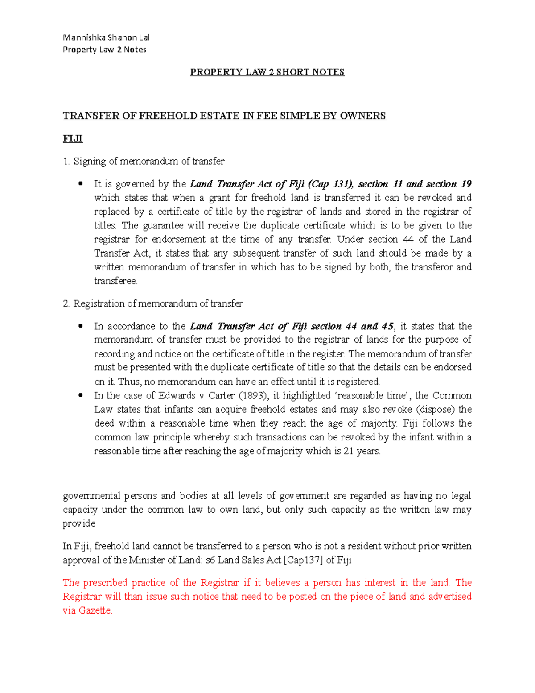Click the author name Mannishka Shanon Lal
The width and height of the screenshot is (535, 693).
106,37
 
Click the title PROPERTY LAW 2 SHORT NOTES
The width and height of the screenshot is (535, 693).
267,72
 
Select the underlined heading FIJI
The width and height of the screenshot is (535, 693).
73,139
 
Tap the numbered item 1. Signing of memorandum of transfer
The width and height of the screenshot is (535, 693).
144,161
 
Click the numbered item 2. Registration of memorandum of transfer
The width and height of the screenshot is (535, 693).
152,304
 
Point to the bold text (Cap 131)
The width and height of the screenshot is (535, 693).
332,184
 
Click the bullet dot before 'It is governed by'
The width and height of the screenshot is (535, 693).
81,184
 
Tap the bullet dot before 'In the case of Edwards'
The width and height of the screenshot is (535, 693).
81,395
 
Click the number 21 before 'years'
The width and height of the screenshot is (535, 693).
348,451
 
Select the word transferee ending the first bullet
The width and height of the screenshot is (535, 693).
115,281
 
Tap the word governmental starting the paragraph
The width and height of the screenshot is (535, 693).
91,496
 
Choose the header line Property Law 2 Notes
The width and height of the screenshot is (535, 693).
104,50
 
